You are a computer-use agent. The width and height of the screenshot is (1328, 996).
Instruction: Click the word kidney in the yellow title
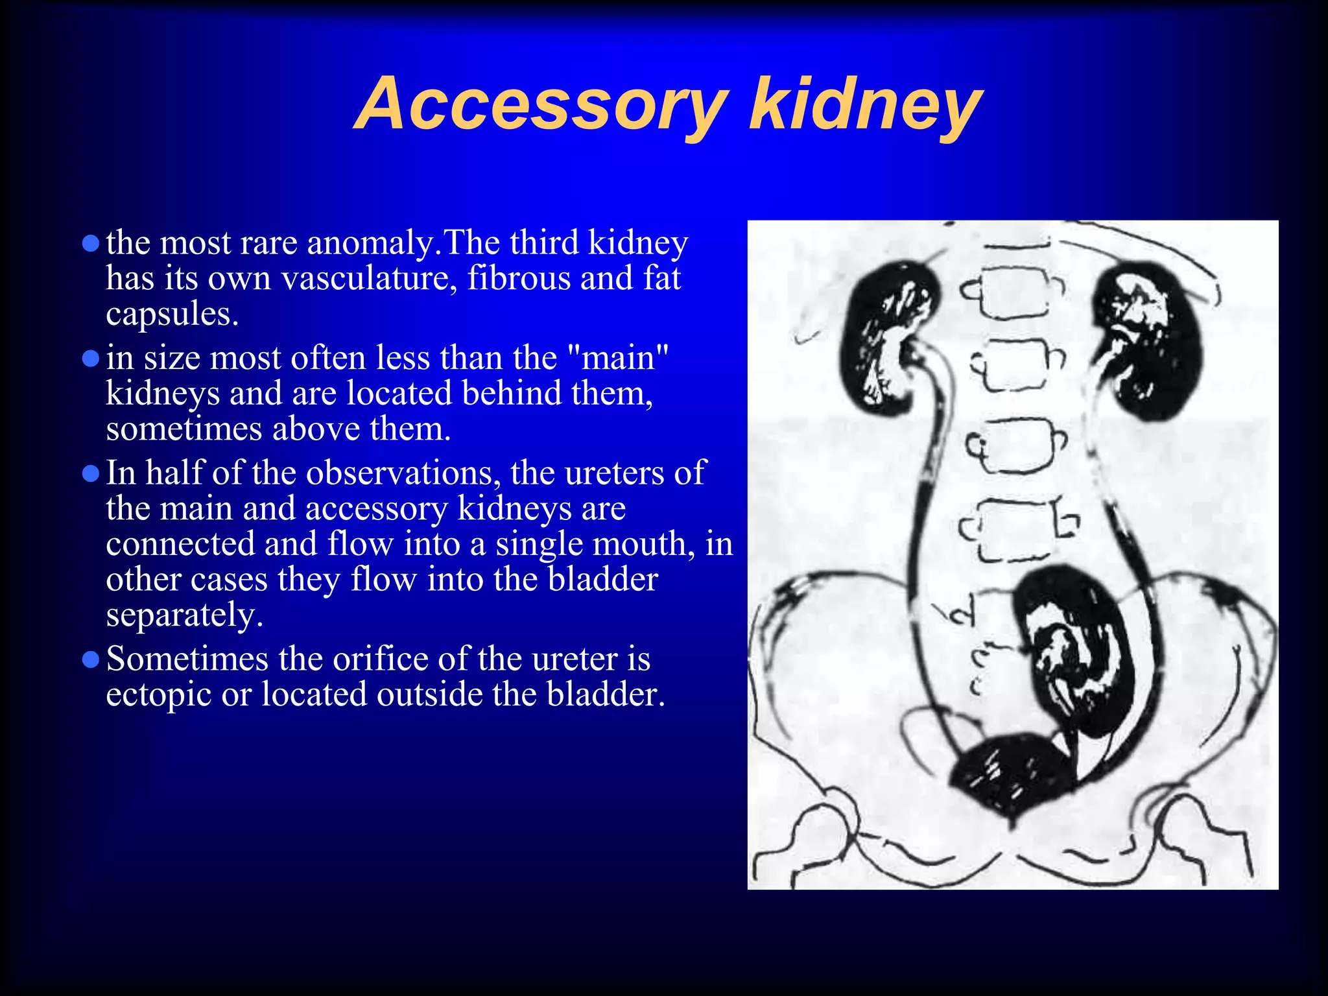865,105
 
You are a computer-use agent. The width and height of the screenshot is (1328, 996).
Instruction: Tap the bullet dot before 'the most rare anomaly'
91,243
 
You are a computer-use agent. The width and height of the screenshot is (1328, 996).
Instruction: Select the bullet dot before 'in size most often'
91,359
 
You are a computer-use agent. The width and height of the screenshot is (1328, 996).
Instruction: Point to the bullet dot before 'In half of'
91,473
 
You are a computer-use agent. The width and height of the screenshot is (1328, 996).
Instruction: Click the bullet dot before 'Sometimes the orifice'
91,659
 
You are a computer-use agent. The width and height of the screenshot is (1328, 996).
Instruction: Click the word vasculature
369,279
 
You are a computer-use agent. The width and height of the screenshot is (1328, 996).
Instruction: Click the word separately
184,615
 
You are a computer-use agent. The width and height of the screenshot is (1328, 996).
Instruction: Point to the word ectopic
159,695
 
